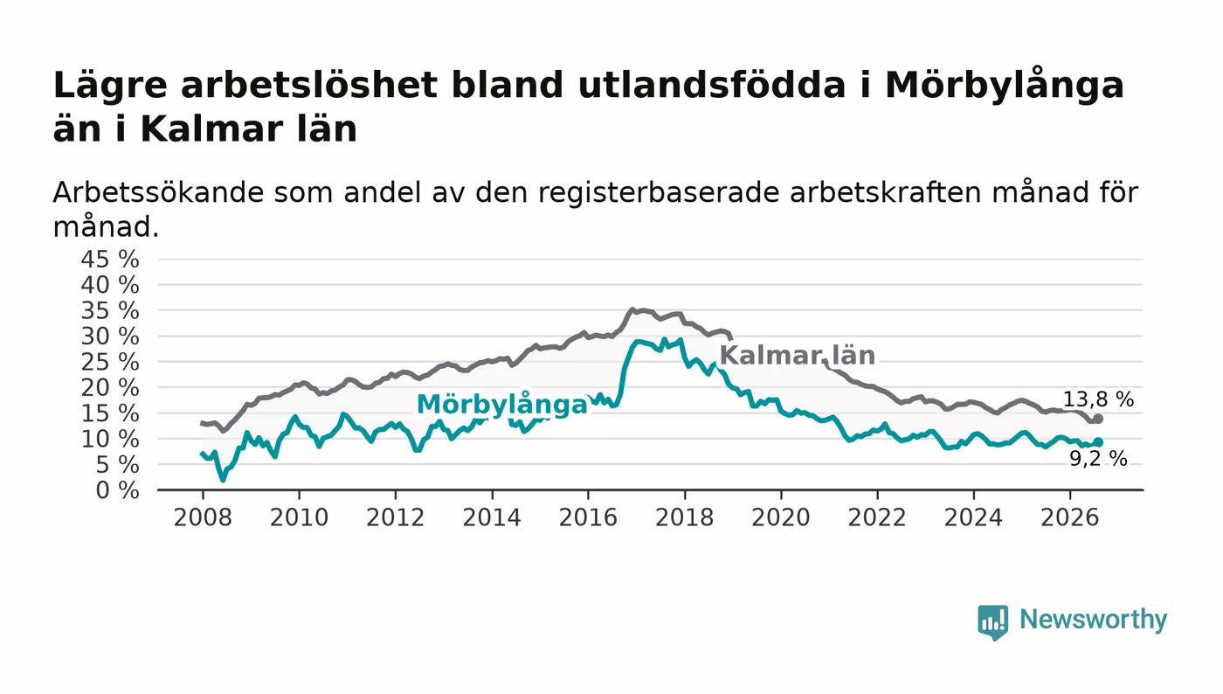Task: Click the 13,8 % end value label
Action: [x=1098, y=399]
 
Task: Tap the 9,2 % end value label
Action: [x=1098, y=459]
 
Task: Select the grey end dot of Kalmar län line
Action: [x=1099, y=419]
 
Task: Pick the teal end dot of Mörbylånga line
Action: [x=1099, y=441]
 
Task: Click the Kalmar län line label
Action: [x=797, y=355]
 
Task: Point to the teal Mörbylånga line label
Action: [x=501, y=405]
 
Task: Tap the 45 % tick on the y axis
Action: [x=110, y=259]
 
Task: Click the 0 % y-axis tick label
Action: [x=117, y=490]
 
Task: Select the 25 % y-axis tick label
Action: [x=110, y=362]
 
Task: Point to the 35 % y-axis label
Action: [x=110, y=310]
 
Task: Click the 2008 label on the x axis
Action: [x=203, y=517]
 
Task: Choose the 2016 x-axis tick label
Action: [x=588, y=517]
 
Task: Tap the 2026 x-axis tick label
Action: [x=1069, y=517]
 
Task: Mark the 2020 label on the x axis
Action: [x=781, y=517]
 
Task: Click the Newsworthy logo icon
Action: [x=993, y=622]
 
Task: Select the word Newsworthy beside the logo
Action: [x=1093, y=619]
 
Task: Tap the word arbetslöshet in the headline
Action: [x=309, y=86]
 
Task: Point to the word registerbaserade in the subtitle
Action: [x=659, y=193]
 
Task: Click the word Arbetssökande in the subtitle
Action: [x=158, y=192]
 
